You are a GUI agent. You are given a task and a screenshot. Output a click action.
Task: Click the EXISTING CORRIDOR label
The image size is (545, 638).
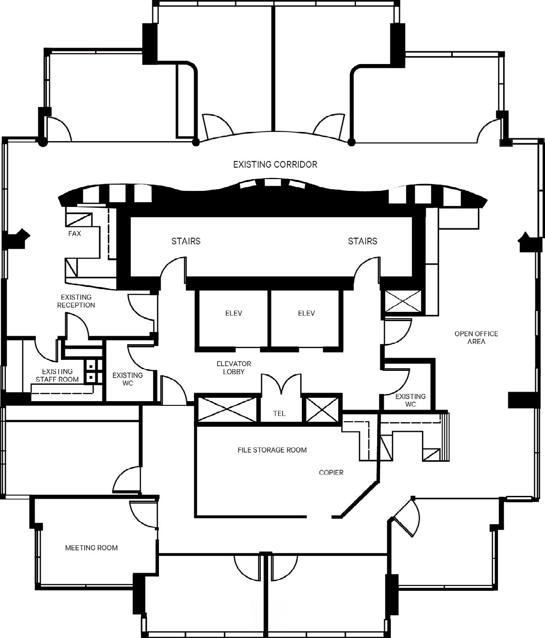[x=275, y=164]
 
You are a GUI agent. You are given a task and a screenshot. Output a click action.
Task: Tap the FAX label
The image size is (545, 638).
[x=75, y=233]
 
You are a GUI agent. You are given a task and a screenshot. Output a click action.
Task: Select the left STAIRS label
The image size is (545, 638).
[x=186, y=241]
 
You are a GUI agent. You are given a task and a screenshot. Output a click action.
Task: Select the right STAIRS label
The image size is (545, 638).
[x=362, y=241]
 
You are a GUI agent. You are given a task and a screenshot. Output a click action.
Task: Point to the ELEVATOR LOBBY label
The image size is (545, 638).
[x=234, y=367]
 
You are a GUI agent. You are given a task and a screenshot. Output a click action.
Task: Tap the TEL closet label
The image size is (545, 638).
[x=279, y=413]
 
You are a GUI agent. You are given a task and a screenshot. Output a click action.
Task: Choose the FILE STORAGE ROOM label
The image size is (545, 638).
[x=272, y=450]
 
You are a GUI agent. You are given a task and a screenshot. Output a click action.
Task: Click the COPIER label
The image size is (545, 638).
[x=331, y=472]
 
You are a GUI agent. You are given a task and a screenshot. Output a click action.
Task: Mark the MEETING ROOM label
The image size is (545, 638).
[x=91, y=548]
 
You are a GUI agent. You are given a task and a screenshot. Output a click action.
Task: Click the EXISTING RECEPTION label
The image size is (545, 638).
[x=76, y=301]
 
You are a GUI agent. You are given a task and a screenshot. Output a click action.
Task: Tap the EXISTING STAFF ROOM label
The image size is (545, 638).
[x=57, y=375]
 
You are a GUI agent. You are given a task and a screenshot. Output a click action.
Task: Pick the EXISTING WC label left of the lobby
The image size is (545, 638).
[x=127, y=379]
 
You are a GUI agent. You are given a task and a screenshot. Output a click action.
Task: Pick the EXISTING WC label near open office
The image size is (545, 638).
[x=410, y=400]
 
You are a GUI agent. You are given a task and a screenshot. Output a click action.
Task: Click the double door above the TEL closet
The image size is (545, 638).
[x=281, y=383]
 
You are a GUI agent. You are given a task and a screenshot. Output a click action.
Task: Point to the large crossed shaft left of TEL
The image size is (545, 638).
[x=227, y=409]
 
